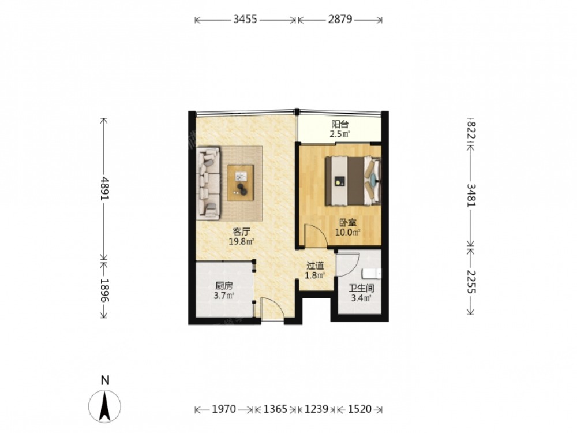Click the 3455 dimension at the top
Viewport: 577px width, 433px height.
pyautogui.click(x=245, y=19)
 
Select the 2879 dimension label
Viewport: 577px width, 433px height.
pyautogui.click(x=340, y=19)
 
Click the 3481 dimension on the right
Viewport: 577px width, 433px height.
pyautogui.click(x=471, y=195)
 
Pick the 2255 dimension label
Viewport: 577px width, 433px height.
pyautogui.click(x=471, y=282)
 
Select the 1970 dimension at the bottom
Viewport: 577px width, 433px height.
pyautogui.click(x=224, y=409)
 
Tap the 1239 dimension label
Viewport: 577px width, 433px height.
pyautogui.click(x=316, y=409)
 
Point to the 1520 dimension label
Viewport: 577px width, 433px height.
pyautogui.click(x=359, y=409)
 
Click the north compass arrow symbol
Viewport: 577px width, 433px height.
pyautogui.click(x=105, y=406)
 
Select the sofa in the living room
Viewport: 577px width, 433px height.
pyautogui.click(x=208, y=184)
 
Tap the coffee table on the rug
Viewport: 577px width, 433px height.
pyautogui.click(x=240, y=183)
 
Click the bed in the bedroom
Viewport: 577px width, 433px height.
pyautogui.click(x=353, y=181)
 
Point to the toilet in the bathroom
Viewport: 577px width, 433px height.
pyautogui.click(x=372, y=274)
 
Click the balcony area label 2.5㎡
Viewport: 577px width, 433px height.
pyautogui.click(x=339, y=134)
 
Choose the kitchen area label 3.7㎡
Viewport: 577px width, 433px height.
pyautogui.click(x=224, y=295)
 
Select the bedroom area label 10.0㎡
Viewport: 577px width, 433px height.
pyautogui.click(x=347, y=232)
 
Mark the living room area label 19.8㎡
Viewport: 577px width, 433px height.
pyautogui.click(x=242, y=241)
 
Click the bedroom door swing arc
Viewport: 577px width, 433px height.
pyautogui.click(x=323, y=233)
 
